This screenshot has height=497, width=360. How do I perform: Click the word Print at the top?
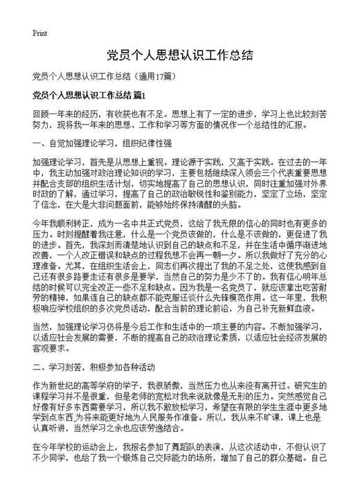(39, 33)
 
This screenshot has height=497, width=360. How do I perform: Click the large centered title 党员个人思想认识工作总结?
(179, 55)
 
